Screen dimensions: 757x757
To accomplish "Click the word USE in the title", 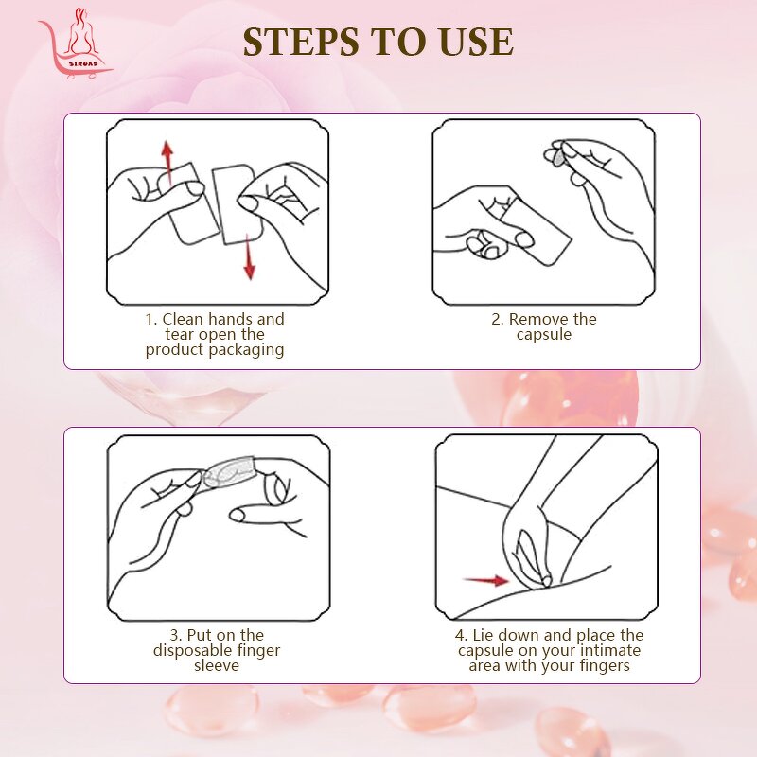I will (475, 43).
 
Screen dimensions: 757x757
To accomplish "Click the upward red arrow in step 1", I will (167, 161).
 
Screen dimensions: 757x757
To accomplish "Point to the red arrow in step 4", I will (485, 579).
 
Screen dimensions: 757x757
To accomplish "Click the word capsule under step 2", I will (544, 335).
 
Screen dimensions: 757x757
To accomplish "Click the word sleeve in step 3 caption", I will (218, 665).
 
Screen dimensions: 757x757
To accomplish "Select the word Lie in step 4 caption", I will (484, 635).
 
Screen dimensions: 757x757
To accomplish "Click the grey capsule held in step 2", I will (559, 153).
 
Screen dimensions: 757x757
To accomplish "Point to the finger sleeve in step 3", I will (232, 471).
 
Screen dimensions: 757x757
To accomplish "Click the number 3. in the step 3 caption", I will (175, 635).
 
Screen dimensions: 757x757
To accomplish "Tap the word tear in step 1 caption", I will (180, 335).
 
